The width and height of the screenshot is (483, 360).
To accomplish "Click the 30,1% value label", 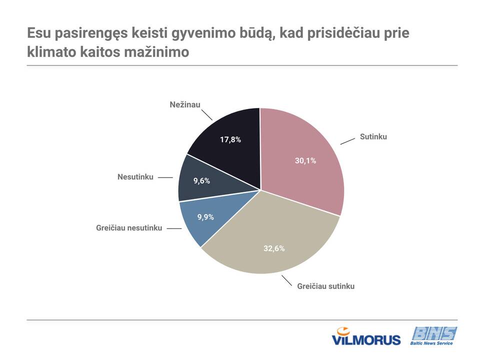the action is click(305, 160).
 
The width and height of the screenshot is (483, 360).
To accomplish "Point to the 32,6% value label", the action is click(274, 248).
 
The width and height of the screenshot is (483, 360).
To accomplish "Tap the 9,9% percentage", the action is click(205, 217).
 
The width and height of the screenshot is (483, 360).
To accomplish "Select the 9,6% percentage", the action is click(202, 181).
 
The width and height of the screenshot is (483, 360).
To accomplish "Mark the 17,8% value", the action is click(230, 139).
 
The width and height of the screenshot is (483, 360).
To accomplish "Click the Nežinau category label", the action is click(185, 104).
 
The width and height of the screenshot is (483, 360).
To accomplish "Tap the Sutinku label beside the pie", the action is click(373, 136).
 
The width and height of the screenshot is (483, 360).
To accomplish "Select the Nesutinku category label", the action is click(135, 177).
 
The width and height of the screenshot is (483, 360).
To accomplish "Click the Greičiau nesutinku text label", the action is click(129, 228).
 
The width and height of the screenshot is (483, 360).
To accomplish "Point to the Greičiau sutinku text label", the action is click(325, 286).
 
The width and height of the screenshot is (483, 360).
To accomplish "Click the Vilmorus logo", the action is click(366, 336).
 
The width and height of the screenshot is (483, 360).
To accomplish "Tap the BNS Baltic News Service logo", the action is click(433, 336).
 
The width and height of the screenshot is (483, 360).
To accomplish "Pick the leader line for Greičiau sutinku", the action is click(287, 281).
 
